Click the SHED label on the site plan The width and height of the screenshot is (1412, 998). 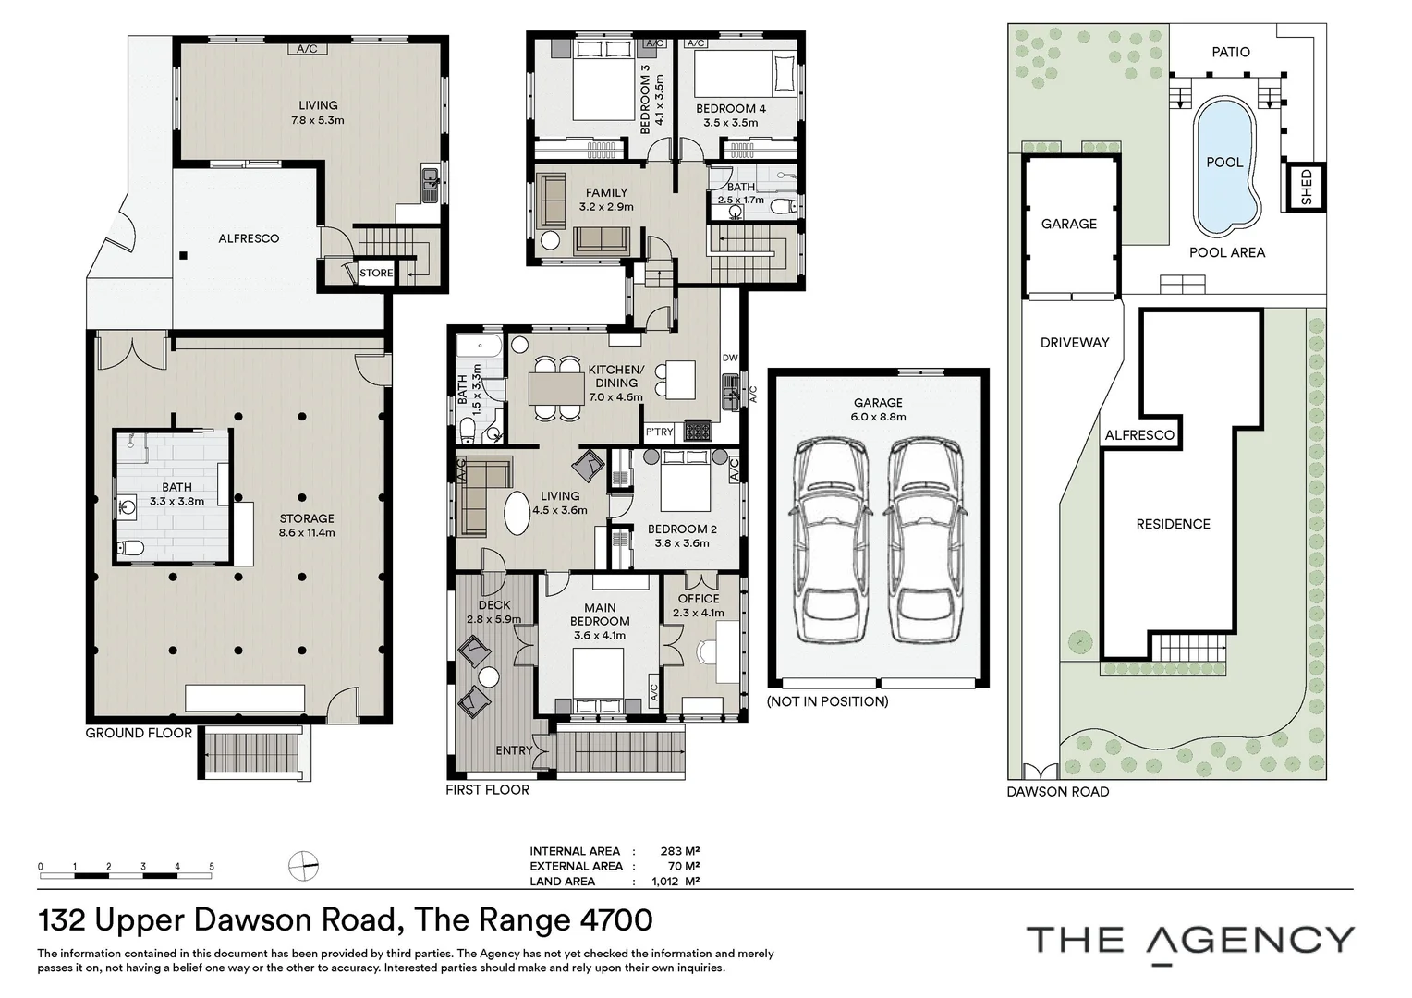coord(1306,188)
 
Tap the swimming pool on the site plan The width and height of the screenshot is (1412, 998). coord(1224,166)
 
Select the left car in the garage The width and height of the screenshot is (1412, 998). coord(830,541)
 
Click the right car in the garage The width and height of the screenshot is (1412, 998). coord(926,541)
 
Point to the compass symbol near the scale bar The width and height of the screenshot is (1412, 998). coord(303,867)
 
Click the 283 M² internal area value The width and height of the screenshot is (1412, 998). coord(679,851)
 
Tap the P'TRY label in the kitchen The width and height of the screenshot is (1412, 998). coord(659,432)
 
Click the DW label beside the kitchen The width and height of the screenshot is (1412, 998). coord(730,358)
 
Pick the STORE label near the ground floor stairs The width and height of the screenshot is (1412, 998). coord(376,273)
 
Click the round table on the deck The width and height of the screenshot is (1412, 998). coord(488,677)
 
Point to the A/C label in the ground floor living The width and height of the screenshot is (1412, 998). coord(307,49)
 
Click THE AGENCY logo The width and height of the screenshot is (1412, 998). coord(1190,941)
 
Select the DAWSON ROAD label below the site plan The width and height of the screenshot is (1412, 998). coord(1057,792)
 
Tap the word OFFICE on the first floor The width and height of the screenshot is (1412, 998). coord(699,599)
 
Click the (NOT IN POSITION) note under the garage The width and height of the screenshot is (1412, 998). coord(827,701)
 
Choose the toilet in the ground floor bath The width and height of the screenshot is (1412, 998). coord(130,549)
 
